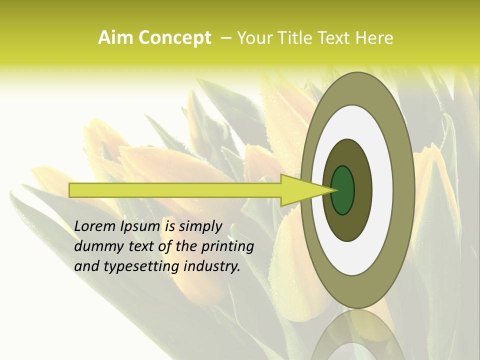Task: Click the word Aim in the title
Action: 115,38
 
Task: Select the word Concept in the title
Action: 174,38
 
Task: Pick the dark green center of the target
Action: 343,190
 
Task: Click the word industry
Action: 212,266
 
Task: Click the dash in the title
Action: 226,38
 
